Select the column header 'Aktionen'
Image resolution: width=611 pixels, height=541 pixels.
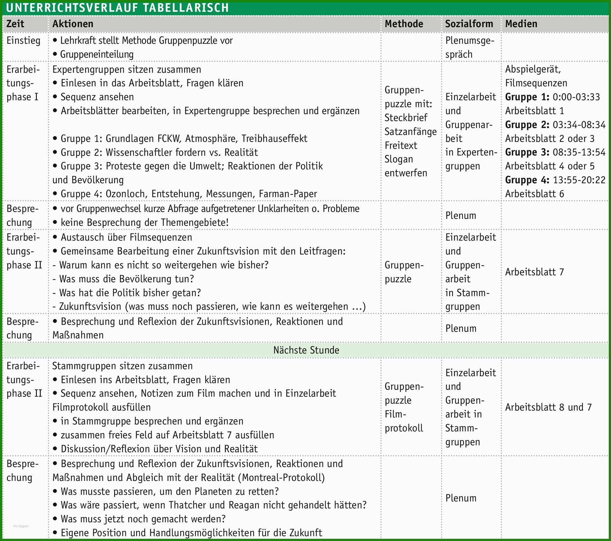tap(73, 24)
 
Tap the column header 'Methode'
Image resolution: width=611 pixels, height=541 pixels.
tap(404, 24)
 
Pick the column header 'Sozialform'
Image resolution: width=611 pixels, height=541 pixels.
tap(469, 24)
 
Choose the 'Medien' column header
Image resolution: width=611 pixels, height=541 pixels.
tap(521, 24)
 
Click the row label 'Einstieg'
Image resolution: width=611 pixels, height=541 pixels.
tap(23, 41)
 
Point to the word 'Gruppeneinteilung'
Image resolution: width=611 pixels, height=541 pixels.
tap(97, 54)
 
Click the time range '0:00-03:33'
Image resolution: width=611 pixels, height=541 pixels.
tap(576, 97)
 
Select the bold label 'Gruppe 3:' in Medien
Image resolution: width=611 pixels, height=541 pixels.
tap(527, 152)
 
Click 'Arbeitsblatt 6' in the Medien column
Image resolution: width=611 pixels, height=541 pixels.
tap(534, 194)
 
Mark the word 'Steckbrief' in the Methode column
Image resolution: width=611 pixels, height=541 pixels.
tap(406, 118)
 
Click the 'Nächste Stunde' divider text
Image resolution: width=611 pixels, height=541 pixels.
tap(306, 350)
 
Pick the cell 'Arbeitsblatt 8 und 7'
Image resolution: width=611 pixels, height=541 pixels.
tap(548, 407)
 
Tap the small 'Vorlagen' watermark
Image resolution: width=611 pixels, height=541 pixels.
tap(21, 526)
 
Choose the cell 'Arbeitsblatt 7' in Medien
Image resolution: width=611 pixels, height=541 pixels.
tap(534, 272)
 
